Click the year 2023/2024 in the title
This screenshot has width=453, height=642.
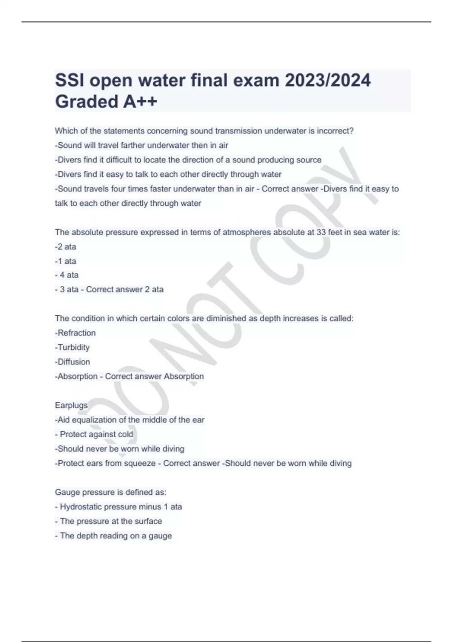point(327,80)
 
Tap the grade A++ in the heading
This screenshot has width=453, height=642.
point(138,101)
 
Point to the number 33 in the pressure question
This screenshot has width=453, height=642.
point(321,232)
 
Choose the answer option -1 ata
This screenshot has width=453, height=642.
point(65,261)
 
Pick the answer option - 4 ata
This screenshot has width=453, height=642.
point(66,275)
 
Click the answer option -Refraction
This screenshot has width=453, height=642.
point(75,333)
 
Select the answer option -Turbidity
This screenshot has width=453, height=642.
point(72,347)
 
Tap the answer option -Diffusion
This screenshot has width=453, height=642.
point(72,362)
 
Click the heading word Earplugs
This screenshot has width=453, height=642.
point(71,405)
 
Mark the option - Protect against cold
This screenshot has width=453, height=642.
point(94,434)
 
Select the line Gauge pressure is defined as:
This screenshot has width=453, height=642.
point(111,492)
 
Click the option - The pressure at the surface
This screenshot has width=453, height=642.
point(108,521)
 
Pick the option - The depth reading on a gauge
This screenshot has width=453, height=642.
point(113,536)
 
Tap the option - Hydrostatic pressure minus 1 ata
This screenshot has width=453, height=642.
point(118,506)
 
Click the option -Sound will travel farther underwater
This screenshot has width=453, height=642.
point(141,145)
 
